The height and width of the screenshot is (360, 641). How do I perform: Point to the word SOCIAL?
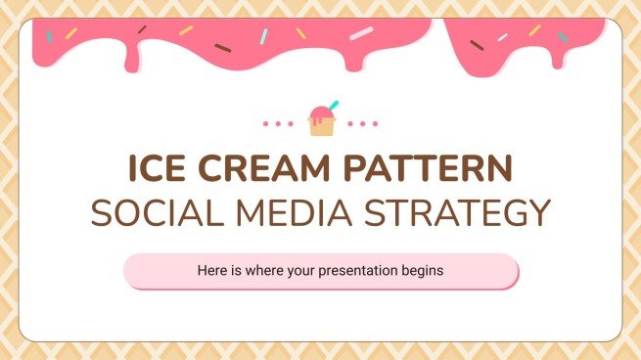pos(149,212)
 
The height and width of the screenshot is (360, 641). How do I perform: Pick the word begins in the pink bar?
pos(424,271)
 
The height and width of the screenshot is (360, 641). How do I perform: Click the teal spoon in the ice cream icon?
pos(333,105)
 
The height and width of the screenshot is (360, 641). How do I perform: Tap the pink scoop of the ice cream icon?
pos(319,111)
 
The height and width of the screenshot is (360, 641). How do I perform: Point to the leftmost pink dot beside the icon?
pos(266,124)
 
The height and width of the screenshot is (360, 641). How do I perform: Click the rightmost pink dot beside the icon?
pos(375,124)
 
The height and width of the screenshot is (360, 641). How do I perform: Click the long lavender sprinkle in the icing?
pos(361,33)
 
